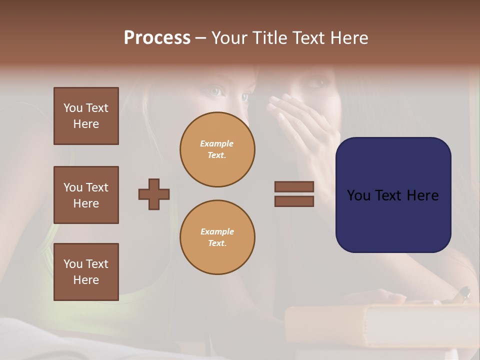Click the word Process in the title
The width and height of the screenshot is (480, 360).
157,38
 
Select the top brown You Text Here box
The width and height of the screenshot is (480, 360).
86,116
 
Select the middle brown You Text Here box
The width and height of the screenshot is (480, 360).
86,195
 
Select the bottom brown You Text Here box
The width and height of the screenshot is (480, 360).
86,272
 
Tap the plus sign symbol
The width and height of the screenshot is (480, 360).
154,194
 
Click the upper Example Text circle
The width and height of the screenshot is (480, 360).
217,149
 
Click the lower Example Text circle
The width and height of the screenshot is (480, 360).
217,237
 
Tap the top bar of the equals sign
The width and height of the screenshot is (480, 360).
294,186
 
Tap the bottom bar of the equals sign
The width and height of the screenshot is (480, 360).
294,201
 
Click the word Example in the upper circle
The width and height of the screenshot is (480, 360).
217,143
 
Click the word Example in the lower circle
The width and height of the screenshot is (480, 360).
217,231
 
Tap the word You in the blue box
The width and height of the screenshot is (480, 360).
358,195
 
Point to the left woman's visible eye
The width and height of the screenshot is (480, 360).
215,91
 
